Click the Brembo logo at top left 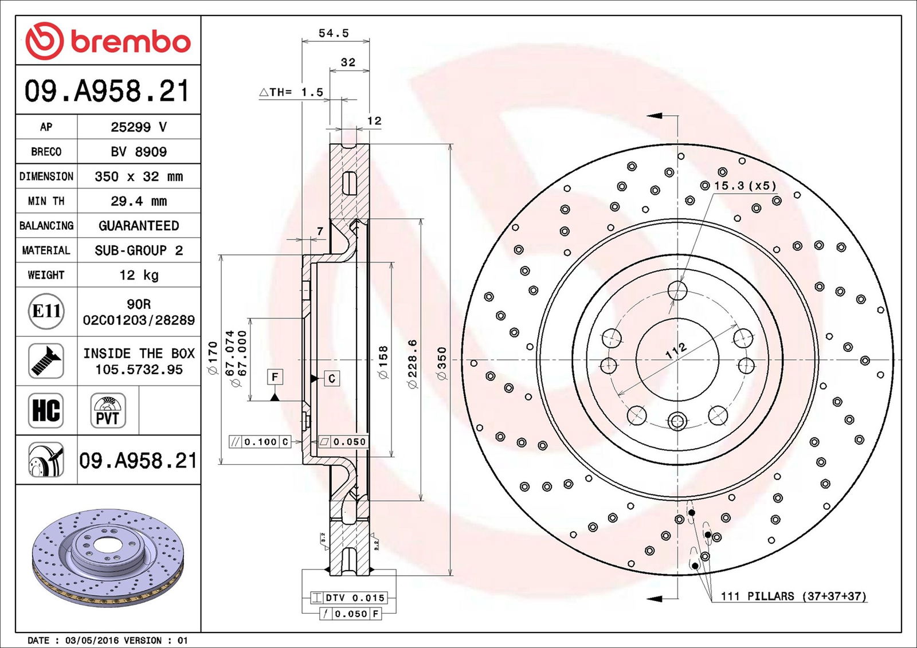point(108,41)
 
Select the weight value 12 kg point(139,275)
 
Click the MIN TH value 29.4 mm point(139,201)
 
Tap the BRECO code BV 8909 point(139,152)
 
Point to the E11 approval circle point(46,311)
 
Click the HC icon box point(46,410)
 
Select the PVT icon point(108,410)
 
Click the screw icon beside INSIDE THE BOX point(46,360)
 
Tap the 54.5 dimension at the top point(334,33)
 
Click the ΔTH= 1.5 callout point(291,92)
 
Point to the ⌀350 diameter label point(442,363)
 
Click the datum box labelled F point(275,377)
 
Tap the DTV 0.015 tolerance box point(348,598)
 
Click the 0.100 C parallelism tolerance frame point(260,442)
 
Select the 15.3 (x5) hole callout point(739,186)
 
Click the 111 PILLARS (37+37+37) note point(794,596)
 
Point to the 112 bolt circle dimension point(676,351)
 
